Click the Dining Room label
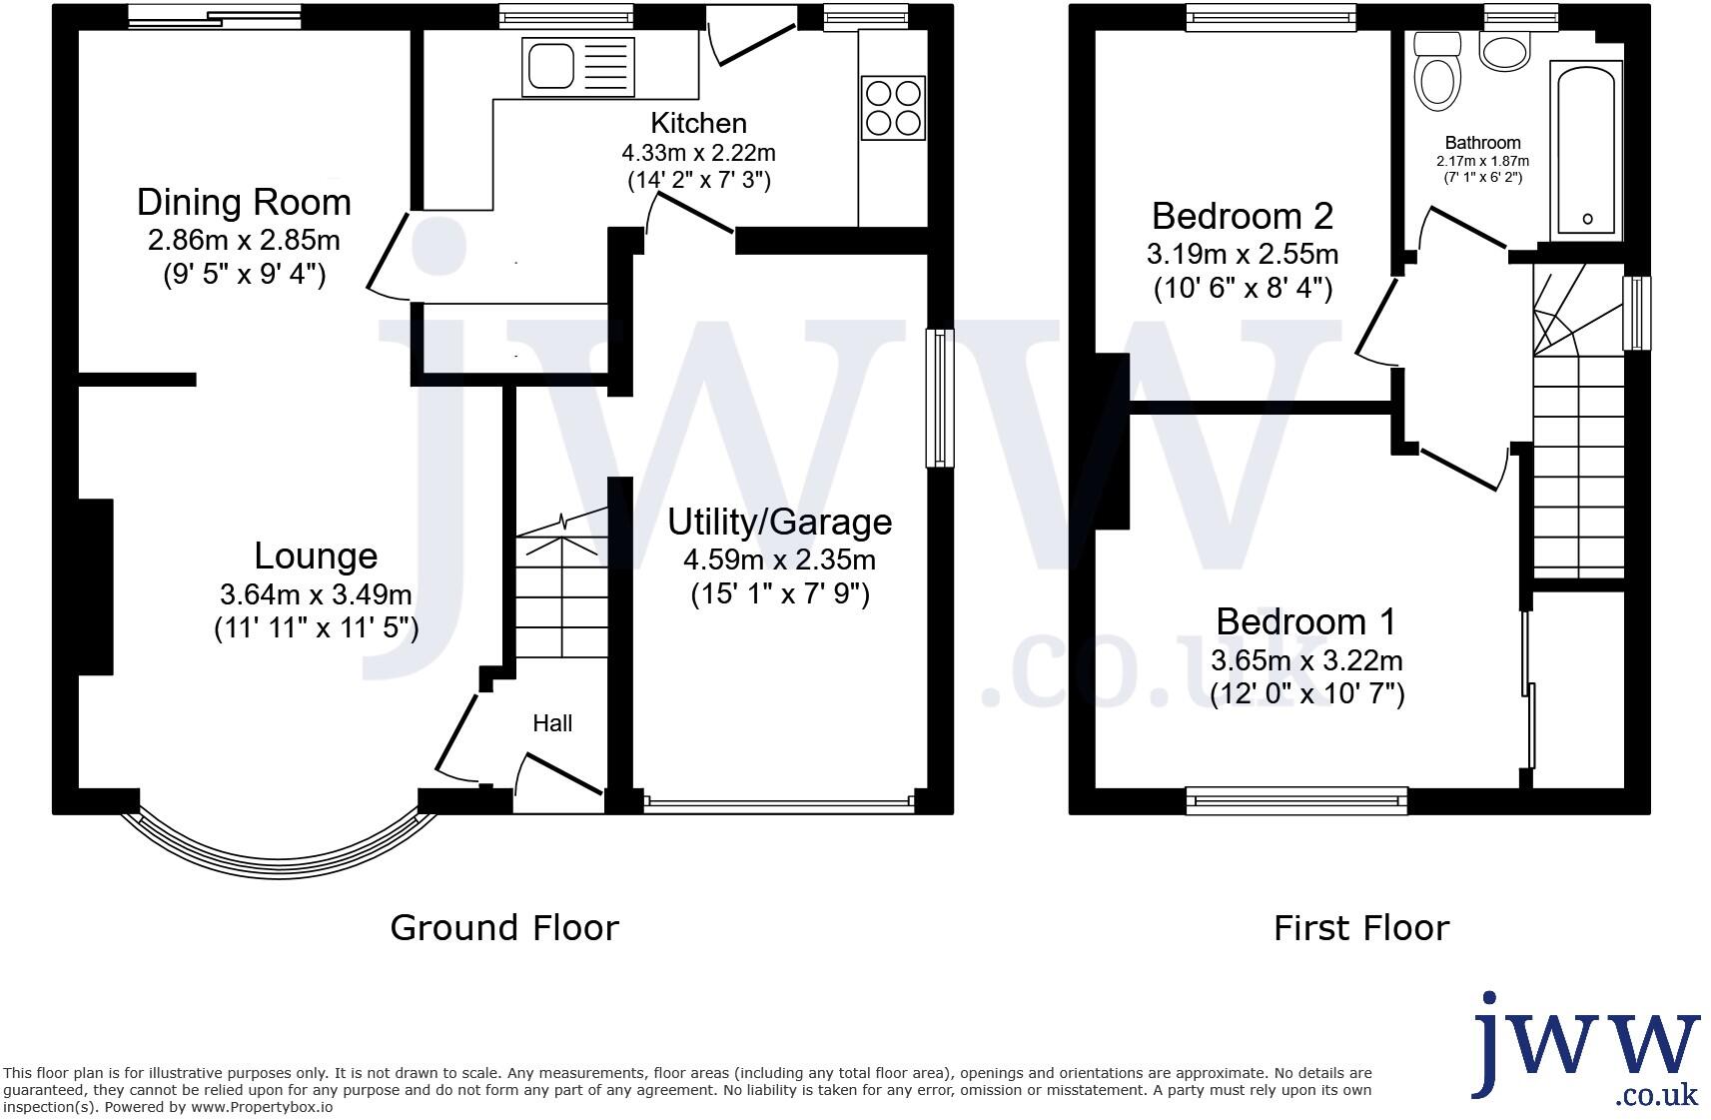244,203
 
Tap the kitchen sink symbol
577,67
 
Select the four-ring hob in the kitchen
893,108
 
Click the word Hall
552,723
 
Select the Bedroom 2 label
1242,216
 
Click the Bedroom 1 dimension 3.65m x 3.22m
1306,660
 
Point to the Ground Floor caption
504,928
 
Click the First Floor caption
1360,928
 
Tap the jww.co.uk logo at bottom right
1588,1049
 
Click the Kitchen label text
698,123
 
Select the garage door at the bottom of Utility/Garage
779,801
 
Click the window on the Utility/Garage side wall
940,398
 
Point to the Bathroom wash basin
1503,51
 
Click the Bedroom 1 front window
1296,799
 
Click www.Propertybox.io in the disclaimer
262,1107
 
